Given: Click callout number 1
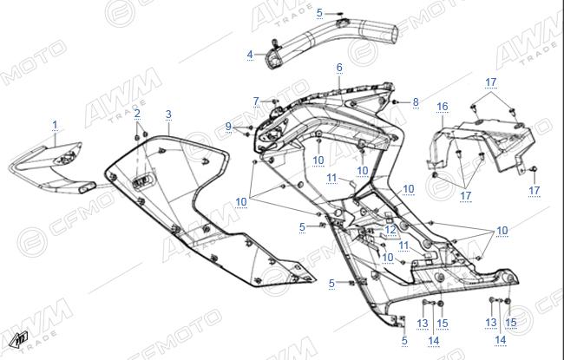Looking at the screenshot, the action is [55, 125].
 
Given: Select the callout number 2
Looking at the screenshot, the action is [137, 114].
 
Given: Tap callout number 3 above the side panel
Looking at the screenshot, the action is [168, 115].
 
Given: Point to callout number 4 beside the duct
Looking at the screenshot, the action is [250, 55].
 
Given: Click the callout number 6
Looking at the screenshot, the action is [339, 68].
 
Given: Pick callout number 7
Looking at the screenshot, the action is [256, 101].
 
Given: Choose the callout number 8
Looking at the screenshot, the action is [416, 102].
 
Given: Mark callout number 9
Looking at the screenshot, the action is [228, 127].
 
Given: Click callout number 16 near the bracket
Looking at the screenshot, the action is [443, 107].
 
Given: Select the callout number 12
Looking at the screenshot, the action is [390, 230].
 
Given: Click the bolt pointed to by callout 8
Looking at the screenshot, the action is [396, 102].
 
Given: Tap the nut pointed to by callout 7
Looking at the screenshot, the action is [274, 101].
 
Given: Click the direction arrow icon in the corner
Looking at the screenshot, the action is [19, 339].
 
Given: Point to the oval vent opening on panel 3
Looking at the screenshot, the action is [144, 181].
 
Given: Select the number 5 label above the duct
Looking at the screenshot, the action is [319, 13].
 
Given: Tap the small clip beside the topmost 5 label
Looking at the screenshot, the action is [340, 14].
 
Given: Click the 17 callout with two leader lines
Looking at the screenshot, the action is [490, 82].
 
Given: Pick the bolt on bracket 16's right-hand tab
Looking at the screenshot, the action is [534, 168].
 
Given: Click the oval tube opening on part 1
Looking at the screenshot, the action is [87, 187].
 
